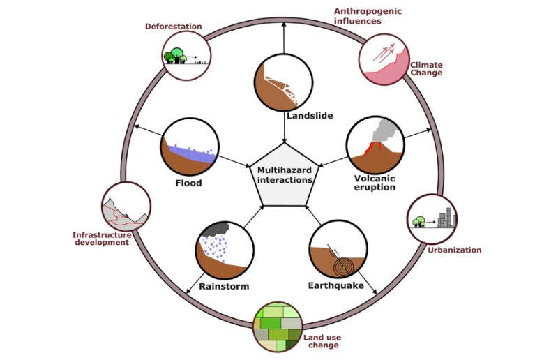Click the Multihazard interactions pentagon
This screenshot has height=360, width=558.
(x=284, y=174)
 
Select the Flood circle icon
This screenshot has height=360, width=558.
(x=190, y=146)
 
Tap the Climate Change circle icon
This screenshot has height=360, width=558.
(x=383, y=58)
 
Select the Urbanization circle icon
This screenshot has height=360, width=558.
(x=432, y=218)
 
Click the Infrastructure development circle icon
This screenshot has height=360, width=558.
(x=126, y=207)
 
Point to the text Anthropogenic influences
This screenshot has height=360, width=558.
(x=368, y=16)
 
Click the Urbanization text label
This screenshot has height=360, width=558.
(x=454, y=250)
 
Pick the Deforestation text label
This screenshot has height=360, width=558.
(x=173, y=27)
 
